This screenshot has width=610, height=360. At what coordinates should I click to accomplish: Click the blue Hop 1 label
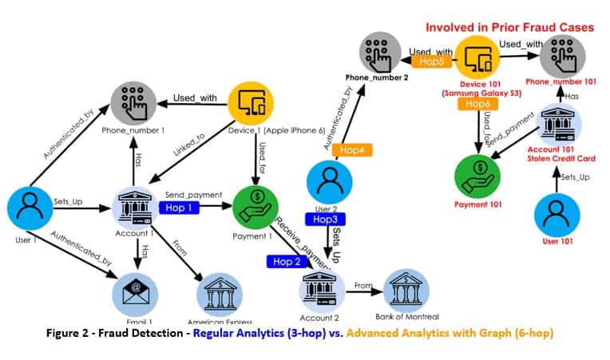[x=180, y=208]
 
